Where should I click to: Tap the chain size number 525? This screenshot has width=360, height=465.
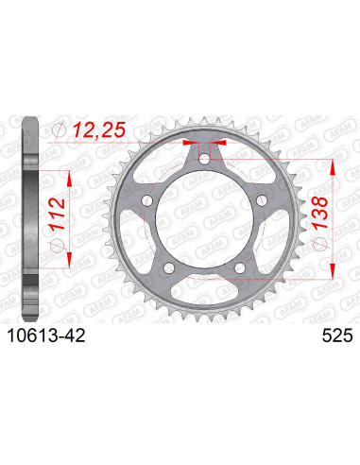coord(325,334)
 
